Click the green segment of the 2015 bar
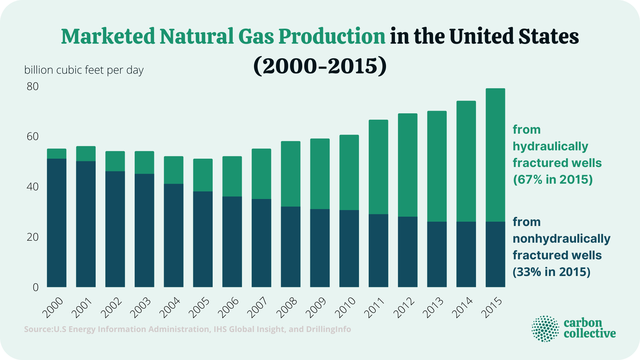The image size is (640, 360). tap(495, 155)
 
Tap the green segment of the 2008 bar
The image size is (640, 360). tap(291, 174)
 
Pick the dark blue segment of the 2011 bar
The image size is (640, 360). tap(378, 250)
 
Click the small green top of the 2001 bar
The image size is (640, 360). tap(86, 154)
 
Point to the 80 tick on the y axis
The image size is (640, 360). tap(33, 87)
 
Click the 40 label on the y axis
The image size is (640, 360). tap(33, 187)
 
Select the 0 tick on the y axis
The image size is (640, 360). tap(36, 287)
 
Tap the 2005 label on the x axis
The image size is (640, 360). tap(199, 308)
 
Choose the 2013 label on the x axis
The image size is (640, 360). tap(433, 308)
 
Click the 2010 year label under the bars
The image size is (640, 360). tap(345, 308)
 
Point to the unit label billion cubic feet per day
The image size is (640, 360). tap(84, 70)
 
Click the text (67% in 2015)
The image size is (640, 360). tap(553, 180)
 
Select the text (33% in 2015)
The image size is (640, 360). tap(551, 272)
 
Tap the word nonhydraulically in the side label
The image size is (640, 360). tap(561, 239)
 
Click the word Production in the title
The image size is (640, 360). tap(332, 36)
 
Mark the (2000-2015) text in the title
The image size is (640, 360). tap(320, 66)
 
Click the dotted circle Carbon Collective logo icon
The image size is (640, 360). tap(545, 329)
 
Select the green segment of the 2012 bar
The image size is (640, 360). tap(408, 165)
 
